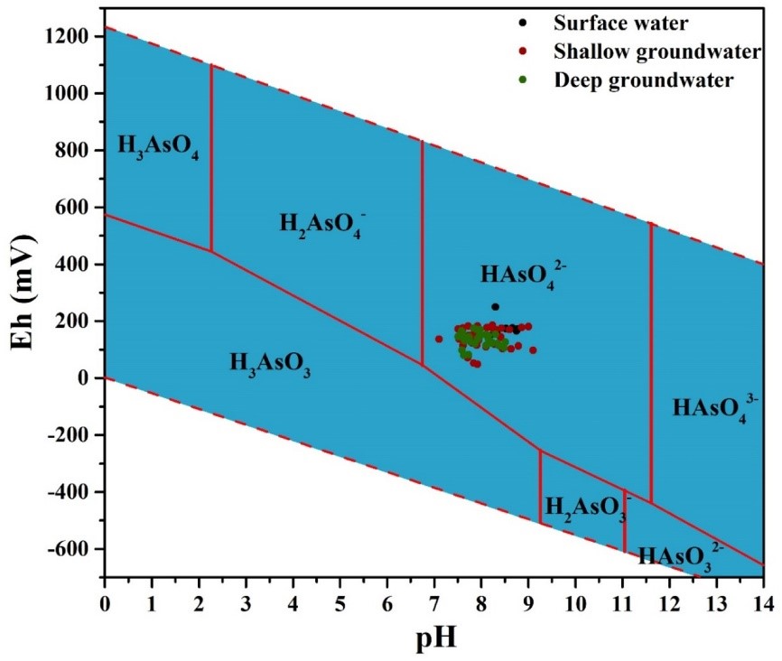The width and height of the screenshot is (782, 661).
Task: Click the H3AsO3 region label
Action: point(270,364)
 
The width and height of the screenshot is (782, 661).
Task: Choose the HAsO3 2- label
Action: point(681,554)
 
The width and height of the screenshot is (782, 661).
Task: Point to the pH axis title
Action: point(433,640)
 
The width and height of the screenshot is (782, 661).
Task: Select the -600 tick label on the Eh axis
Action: point(73,549)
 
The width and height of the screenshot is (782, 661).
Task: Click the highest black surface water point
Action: point(495,307)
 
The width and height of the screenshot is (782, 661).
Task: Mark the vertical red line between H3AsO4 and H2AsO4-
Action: point(211,158)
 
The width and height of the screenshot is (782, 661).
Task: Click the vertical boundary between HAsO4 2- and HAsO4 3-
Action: point(651,361)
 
